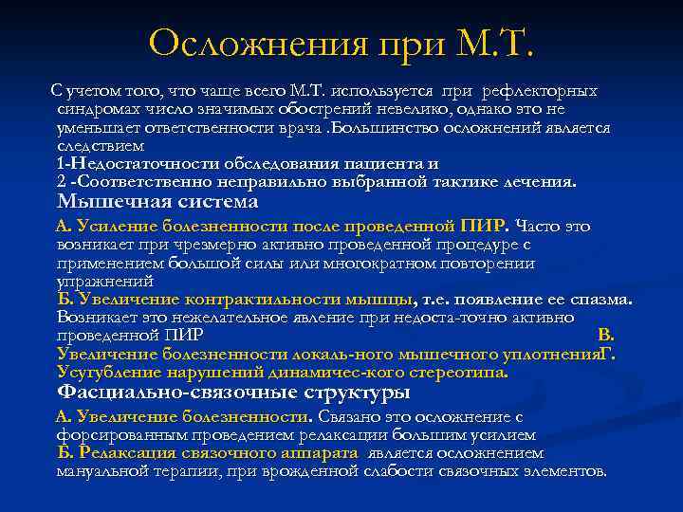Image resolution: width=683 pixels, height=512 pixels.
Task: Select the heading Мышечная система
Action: coord(157,202)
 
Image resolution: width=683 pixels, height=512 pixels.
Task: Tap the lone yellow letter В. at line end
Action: coord(607,336)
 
